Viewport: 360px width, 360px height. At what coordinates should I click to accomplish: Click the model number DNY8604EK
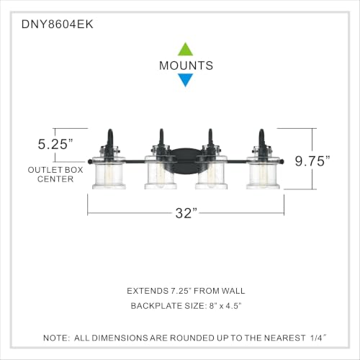[57, 24]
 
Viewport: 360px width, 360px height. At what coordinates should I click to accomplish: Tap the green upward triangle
[185, 50]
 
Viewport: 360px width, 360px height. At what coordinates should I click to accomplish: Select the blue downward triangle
[185, 80]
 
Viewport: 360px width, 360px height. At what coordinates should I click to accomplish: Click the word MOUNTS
[186, 66]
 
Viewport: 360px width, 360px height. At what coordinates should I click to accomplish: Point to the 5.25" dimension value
[55, 144]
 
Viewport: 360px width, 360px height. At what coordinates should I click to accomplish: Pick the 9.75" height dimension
[312, 161]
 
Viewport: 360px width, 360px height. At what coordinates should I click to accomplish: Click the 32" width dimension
[186, 213]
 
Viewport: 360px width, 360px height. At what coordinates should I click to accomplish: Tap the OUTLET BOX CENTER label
[55, 174]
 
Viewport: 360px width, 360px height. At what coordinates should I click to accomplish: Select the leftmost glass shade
[109, 172]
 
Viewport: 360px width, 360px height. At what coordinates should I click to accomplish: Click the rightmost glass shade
[263, 172]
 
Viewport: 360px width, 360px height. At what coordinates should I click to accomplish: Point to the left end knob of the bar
[90, 161]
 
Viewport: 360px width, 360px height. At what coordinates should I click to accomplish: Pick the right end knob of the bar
[282, 161]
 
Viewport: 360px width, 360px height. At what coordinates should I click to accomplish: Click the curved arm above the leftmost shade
[110, 138]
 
